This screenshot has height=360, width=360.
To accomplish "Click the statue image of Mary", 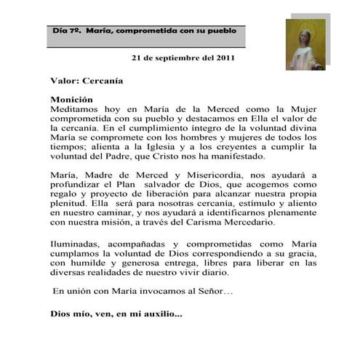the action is tap(305, 44).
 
